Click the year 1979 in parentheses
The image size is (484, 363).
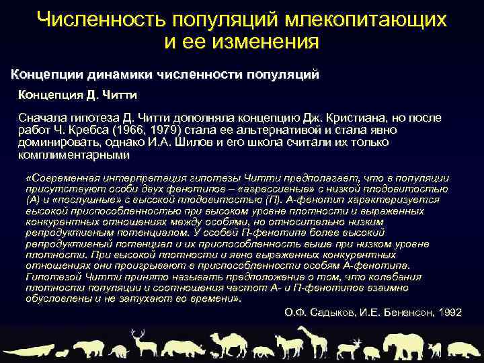[x=181, y=129]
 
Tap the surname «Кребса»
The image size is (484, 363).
[x=104, y=129]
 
